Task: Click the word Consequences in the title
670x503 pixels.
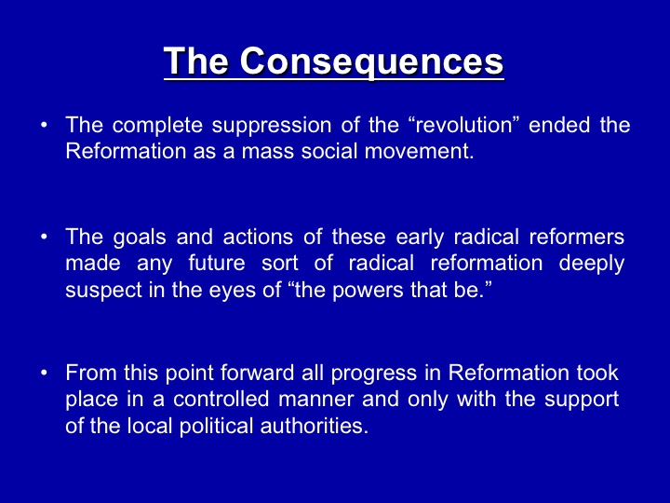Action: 371,61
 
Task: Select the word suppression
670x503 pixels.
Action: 272,126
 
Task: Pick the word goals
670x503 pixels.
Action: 140,238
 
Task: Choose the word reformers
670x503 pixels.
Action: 576,237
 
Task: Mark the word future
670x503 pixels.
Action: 217,263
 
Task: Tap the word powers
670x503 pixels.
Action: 368,291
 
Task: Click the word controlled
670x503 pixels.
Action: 221,400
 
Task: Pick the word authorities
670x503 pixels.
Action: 315,426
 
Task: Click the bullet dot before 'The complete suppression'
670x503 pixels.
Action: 44,126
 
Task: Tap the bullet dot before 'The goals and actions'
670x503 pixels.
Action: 44,238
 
